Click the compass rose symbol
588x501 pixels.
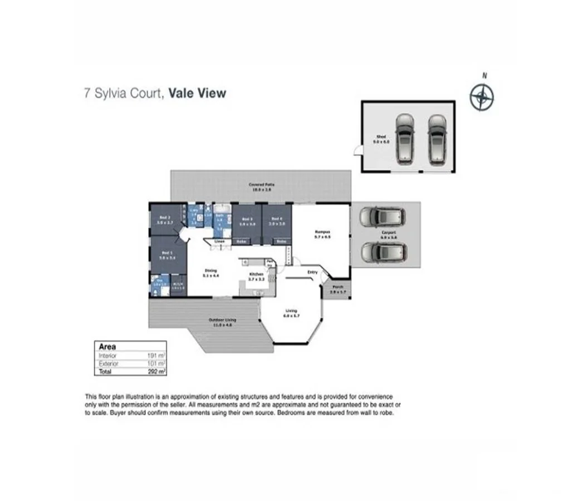(482, 97)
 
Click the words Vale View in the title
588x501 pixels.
(198, 93)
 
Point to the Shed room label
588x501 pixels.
(381, 139)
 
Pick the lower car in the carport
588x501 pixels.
(383, 252)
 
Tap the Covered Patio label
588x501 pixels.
(261, 186)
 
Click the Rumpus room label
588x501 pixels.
(323, 233)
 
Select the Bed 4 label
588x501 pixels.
(277, 221)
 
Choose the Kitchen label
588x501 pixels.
(256, 276)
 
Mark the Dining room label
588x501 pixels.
(210, 273)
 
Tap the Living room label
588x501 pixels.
(291, 313)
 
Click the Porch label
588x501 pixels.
(338, 290)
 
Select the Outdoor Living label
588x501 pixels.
(222, 322)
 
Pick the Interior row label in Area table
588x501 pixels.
(107, 355)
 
